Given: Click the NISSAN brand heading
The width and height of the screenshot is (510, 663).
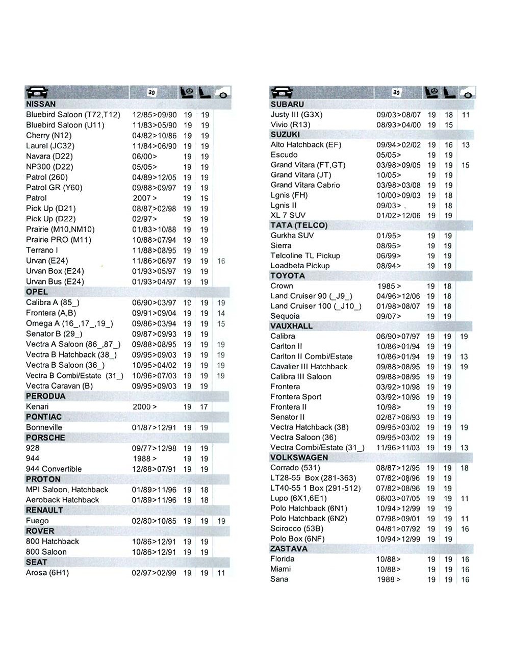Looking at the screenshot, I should (x=41, y=104).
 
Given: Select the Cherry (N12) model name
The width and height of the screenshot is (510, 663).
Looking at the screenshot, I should (x=49, y=135).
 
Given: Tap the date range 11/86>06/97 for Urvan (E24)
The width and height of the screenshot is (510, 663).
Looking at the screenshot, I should (x=154, y=261).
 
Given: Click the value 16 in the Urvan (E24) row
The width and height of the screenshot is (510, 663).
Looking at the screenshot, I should (x=221, y=261).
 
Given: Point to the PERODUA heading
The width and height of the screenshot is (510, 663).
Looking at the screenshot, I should (x=45, y=396).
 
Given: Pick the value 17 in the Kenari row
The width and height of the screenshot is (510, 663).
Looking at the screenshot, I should (x=204, y=407).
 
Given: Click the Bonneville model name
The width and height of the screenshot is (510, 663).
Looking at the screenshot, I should (x=44, y=427).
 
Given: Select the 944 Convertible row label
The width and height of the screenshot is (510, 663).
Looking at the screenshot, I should (x=54, y=469).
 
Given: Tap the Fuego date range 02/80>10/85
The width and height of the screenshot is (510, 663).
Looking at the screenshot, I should (x=154, y=521).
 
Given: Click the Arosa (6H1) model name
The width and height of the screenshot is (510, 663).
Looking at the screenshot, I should (x=47, y=572).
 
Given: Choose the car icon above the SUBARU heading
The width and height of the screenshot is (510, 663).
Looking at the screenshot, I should (x=282, y=92).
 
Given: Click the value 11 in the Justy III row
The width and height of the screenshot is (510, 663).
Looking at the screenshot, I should (x=466, y=115).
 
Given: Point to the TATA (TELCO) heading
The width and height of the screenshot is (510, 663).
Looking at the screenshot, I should (x=299, y=225).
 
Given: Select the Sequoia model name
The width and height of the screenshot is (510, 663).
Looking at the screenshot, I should (x=285, y=316).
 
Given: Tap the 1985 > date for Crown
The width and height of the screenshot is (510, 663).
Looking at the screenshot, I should (x=389, y=286).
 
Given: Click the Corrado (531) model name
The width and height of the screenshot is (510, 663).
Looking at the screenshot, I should (x=295, y=467).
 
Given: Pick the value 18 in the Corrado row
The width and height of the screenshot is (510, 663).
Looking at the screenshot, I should (x=465, y=468).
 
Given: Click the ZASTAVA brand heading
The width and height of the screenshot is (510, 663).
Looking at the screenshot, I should (x=289, y=548).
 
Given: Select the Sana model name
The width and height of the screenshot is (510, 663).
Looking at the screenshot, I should (x=279, y=579).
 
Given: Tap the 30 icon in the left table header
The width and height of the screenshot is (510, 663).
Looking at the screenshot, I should (x=151, y=92).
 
